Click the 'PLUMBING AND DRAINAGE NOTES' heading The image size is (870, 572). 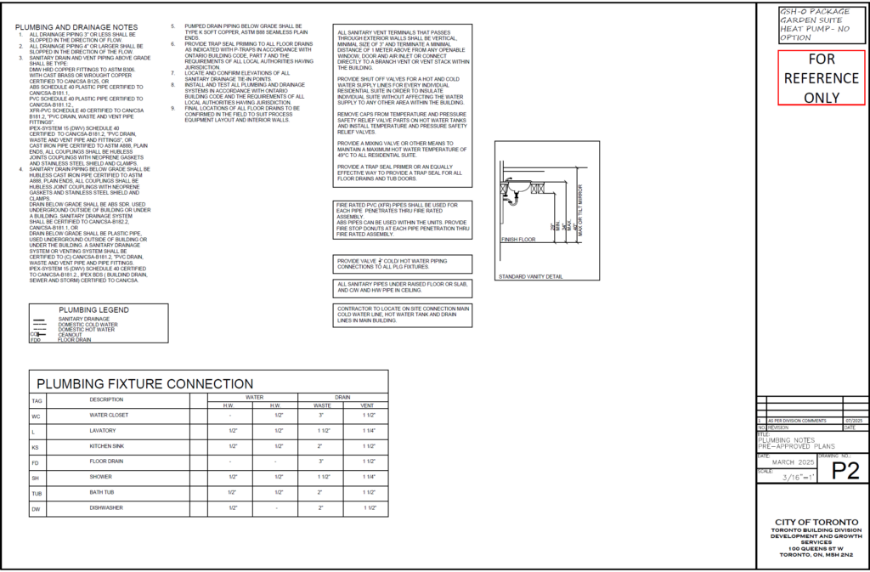click(76, 27)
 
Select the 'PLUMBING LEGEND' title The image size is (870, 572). click(93, 309)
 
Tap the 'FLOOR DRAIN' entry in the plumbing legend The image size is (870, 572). click(75, 340)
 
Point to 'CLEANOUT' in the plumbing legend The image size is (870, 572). click(71, 335)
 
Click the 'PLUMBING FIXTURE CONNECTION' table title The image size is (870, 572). click(144, 383)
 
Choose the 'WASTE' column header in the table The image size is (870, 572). click(322, 405)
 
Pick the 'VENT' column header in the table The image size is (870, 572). click(369, 405)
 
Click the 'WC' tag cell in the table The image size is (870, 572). click(36, 416)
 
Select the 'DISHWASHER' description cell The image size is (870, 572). click(106, 507)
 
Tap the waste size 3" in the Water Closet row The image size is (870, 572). click(322, 416)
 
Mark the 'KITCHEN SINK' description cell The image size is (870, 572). click(107, 446)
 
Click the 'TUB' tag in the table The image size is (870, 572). click(37, 492)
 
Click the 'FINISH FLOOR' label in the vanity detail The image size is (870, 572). click(517, 241)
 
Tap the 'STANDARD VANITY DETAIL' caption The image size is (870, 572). click(530, 277)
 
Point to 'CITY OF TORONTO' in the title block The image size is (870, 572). click(810, 521)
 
